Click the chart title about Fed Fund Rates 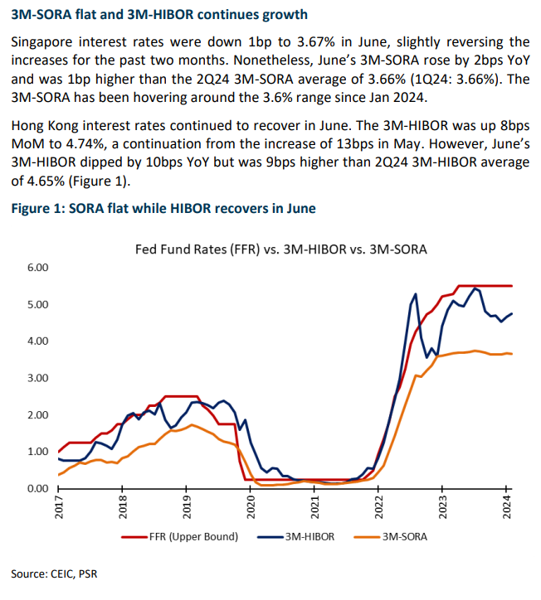pos(280,249)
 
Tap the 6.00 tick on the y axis pos(38,268)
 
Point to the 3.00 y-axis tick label pos(38,378)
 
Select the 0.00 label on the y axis pos(38,489)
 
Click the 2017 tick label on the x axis pos(59,507)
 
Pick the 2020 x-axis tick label pos(251,507)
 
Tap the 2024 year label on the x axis pos(507,507)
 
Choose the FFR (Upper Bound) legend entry pos(180,537)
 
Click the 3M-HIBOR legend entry pos(295,537)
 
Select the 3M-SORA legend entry pos(391,537)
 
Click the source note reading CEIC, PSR pos(54,574)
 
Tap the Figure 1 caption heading pos(163,209)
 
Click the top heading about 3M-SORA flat pos(159,15)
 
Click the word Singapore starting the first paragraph pos(41,42)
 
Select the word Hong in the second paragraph pos(27,126)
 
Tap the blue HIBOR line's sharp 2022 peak pos(416,294)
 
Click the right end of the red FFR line pos(512,286)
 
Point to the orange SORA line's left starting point pos(59,475)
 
